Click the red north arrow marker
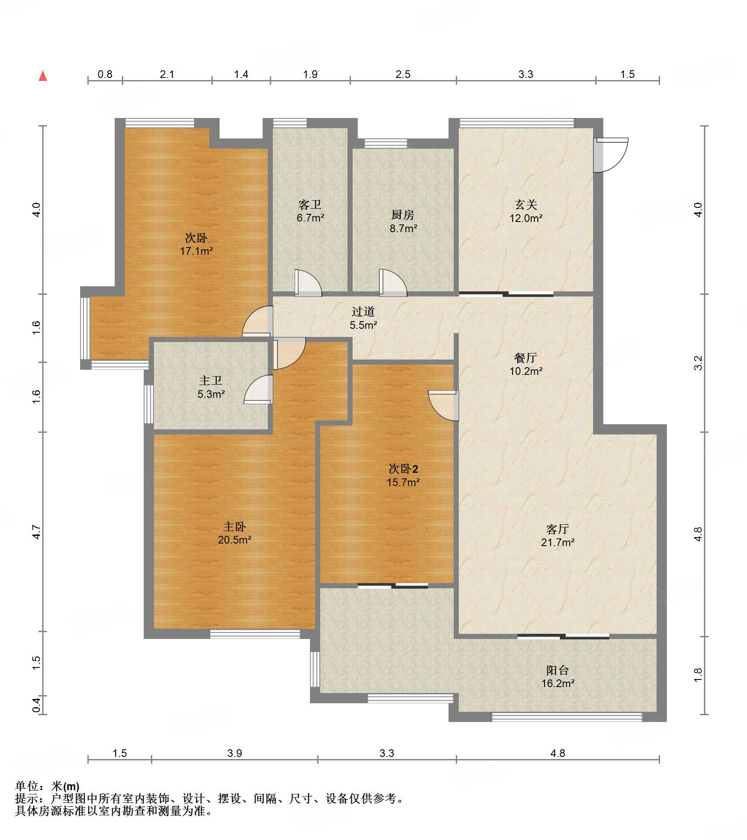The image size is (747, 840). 43,76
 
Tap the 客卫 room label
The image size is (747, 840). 310,205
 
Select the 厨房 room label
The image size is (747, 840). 403,215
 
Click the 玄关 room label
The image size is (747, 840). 526,205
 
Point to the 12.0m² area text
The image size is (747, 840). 526,218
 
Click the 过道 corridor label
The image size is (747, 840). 363,312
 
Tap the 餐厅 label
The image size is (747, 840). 526,358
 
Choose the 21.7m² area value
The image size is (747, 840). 558,542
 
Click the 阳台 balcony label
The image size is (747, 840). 558,670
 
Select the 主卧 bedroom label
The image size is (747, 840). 235,527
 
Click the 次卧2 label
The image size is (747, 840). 403,469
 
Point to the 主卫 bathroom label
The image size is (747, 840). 211,380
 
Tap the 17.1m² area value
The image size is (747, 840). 196,251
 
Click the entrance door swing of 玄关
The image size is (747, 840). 611,155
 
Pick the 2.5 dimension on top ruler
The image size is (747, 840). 403,75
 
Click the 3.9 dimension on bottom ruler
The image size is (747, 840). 235,753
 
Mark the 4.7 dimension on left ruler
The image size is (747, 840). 37,532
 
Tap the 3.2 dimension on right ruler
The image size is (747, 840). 698,363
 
